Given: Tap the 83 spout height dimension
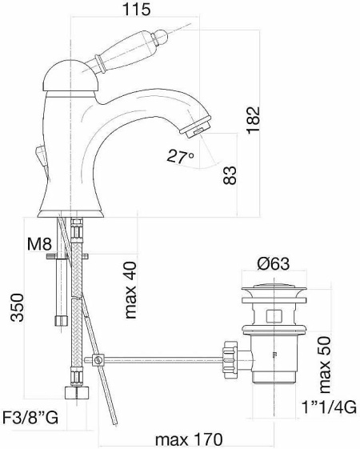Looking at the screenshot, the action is click(230, 175).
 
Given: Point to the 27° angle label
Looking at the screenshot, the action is click(180, 156).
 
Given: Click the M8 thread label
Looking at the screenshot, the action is click(39, 244).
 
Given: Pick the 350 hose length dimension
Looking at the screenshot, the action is click(17, 307).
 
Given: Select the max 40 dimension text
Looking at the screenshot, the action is click(130, 290).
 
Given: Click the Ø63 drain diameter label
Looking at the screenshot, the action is click(273, 263).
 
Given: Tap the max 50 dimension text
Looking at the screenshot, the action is click(325, 364).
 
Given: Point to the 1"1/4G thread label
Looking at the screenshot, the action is click(329, 407).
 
